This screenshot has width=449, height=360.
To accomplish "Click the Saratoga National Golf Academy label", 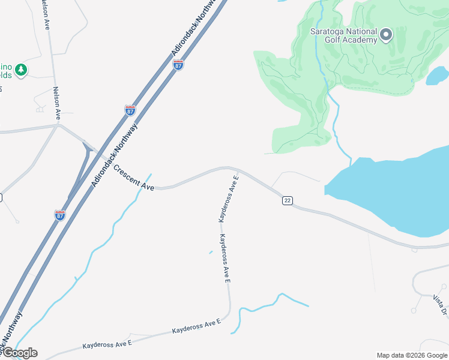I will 343,35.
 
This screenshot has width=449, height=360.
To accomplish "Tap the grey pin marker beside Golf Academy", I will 386,35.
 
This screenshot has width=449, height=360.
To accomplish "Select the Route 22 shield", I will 287,200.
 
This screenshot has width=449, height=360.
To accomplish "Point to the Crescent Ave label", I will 133,178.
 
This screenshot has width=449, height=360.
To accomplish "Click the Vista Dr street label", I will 440,304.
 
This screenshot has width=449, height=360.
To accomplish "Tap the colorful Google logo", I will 19,353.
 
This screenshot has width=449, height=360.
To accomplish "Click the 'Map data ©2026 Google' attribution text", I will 412,355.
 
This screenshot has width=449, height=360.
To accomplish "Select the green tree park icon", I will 22,70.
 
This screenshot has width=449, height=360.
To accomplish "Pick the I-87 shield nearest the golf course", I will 178,65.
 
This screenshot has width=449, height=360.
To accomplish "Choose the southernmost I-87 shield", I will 59,215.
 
